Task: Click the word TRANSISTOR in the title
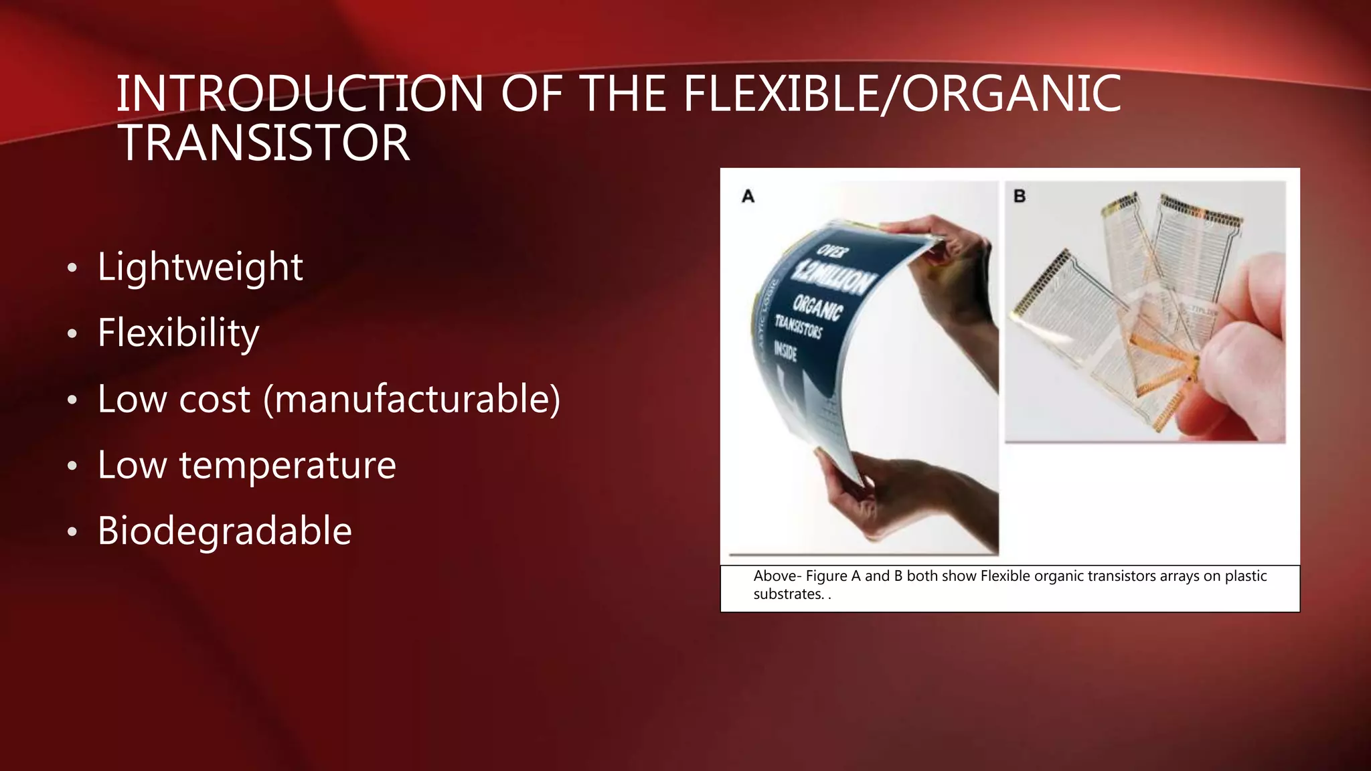coord(263,143)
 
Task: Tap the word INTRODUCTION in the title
coord(300,94)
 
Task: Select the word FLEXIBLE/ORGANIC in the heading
coord(902,94)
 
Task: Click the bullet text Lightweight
coord(200,266)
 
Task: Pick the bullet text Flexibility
coord(178,333)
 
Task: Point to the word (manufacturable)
coord(412,400)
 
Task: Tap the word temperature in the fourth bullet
coord(287,464)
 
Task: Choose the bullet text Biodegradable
coord(224,531)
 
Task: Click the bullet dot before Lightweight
coord(72,268)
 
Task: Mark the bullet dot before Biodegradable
coord(72,533)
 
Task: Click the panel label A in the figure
coord(748,196)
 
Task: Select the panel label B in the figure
coord(1020,196)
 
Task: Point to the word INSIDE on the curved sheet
coord(785,350)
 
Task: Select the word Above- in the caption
coord(777,576)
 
